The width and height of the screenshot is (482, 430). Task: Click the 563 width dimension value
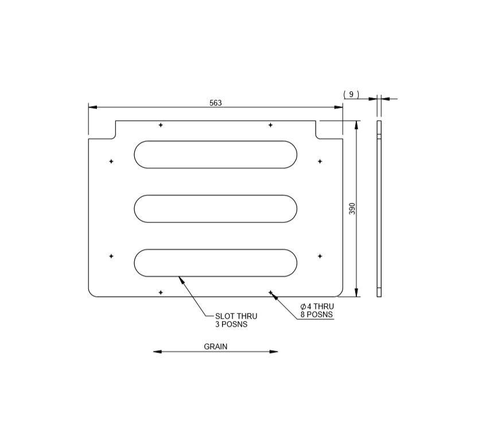point(215,103)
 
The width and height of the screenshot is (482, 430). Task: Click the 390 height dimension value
point(352,209)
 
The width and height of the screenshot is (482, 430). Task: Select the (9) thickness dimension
point(351,95)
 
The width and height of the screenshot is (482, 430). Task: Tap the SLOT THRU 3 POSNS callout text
point(236,320)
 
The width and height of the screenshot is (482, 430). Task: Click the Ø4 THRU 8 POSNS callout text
point(316,310)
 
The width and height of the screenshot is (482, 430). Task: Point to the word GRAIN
point(216,346)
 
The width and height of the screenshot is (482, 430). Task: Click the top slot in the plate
point(216,155)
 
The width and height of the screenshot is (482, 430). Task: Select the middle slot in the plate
point(216,209)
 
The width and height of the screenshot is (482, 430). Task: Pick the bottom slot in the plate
point(216,263)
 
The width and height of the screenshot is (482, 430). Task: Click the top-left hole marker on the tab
point(161,125)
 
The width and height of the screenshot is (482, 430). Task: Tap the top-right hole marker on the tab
point(270,125)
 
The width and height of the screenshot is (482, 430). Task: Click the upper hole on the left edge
point(111,161)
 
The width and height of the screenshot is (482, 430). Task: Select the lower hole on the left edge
point(111,256)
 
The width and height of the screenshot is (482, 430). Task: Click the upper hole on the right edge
point(320,161)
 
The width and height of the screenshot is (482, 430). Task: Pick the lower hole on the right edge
point(320,256)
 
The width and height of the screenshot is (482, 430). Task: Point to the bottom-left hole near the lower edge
point(161,292)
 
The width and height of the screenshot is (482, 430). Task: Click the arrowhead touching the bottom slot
point(181,279)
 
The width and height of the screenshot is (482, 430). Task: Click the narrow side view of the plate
point(379,209)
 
